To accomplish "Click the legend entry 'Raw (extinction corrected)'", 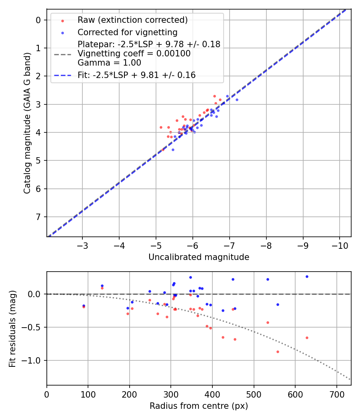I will pos(132,20).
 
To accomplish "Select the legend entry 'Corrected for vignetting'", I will pos(127,32).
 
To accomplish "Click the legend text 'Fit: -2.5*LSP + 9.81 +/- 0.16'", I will pos(136,75).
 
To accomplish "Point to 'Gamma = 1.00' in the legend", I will pos(109,62).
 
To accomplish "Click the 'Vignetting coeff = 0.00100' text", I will pos(134,54).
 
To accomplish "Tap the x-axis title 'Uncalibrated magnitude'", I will pos(199,257).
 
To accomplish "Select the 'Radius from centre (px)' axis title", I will pos(199,406).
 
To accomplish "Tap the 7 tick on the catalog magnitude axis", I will pos(39,217).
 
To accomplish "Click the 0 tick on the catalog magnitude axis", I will pos(39,20).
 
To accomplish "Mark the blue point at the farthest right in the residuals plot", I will pos(307,276).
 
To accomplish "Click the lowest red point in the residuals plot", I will pos(278,352).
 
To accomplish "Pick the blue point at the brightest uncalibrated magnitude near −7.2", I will pos(237,100).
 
